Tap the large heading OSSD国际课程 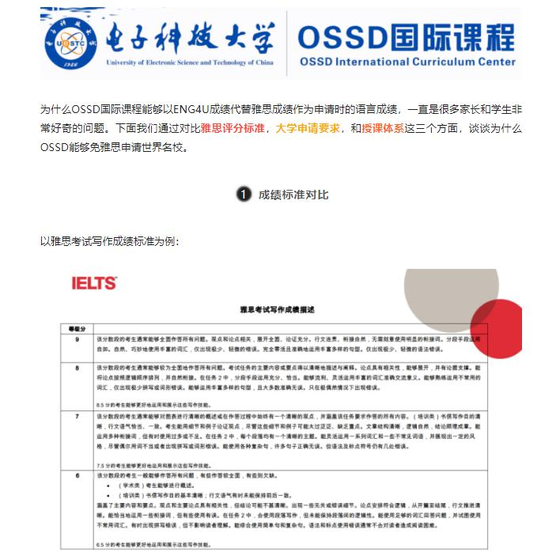407,36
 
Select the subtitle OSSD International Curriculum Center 407,62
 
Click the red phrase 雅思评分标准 233,127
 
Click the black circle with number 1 244,194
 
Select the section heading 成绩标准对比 293,194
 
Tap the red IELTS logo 94,283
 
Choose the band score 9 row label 77,339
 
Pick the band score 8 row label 77,369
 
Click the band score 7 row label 77,414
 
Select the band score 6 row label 77,475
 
